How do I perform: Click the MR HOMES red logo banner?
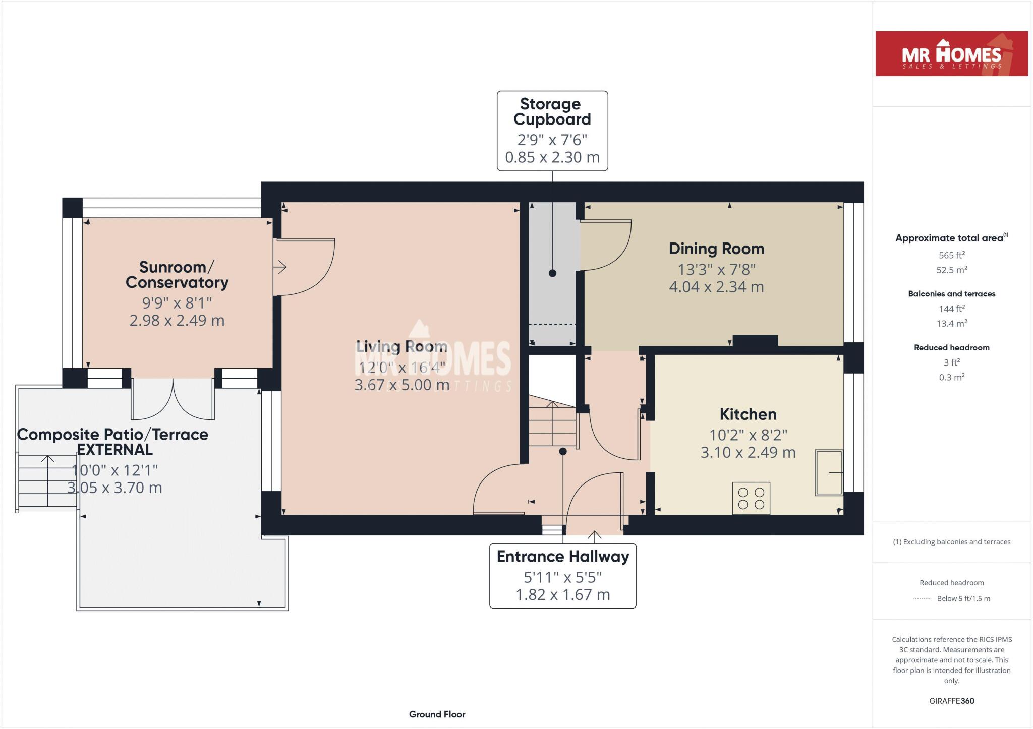point(951,54)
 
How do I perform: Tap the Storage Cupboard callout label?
point(552,130)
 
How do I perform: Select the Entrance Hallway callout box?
point(562,575)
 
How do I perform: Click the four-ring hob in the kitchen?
point(751,498)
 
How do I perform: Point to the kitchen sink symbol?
point(829,472)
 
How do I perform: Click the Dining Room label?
point(716,249)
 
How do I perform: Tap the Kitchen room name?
point(748,414)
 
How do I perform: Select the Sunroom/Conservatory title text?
point(177,275)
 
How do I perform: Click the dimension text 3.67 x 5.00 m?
point(401,385)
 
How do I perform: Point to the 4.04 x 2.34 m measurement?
point(716,287)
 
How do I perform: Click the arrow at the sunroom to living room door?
point(280,267)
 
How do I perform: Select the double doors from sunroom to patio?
point(173,399)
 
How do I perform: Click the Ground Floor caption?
point(437,714)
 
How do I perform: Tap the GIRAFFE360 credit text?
point(951,701)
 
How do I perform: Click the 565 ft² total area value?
point(951,255)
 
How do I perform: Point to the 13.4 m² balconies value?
point(951,323)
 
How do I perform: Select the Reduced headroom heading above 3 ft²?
point(951,347)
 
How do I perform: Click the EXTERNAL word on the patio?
point(114,449)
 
